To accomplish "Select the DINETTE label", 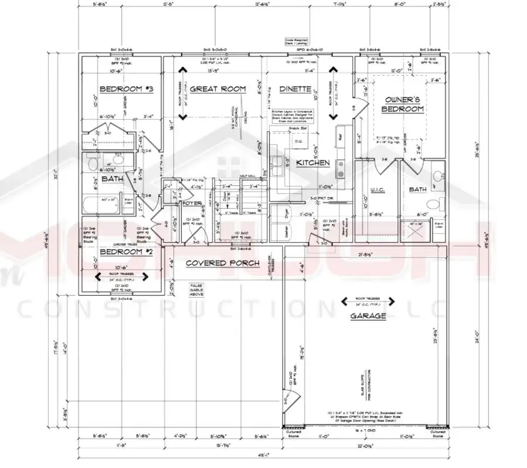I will pyautogui.click(x=294, y=89).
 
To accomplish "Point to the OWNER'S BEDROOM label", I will pyautogui.click(x=403, y=104).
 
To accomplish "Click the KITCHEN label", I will pyautogui.click(x=312, y=162).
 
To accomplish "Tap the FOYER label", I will pyautogui.click(x=192, y=203).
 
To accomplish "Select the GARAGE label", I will pyautogui.click(x=368, y=316).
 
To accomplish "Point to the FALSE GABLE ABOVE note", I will pyautogui.click(x=196, y=290).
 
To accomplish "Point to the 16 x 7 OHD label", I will pyautogui.click(x=367, y=431).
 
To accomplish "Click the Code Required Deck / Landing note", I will pyautogui.click(x=293, y=41).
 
